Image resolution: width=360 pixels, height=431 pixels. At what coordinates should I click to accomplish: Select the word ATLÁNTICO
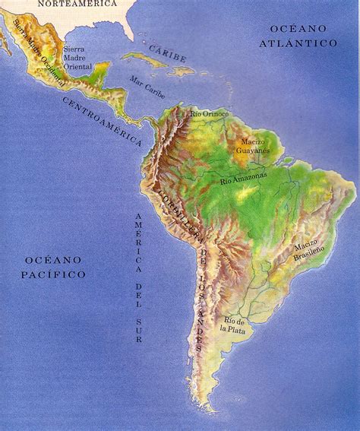click(298, 44)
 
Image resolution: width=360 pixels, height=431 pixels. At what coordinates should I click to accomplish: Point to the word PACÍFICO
click(53, 274)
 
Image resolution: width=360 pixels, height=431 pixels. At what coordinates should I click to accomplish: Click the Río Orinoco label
click(210, 114)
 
